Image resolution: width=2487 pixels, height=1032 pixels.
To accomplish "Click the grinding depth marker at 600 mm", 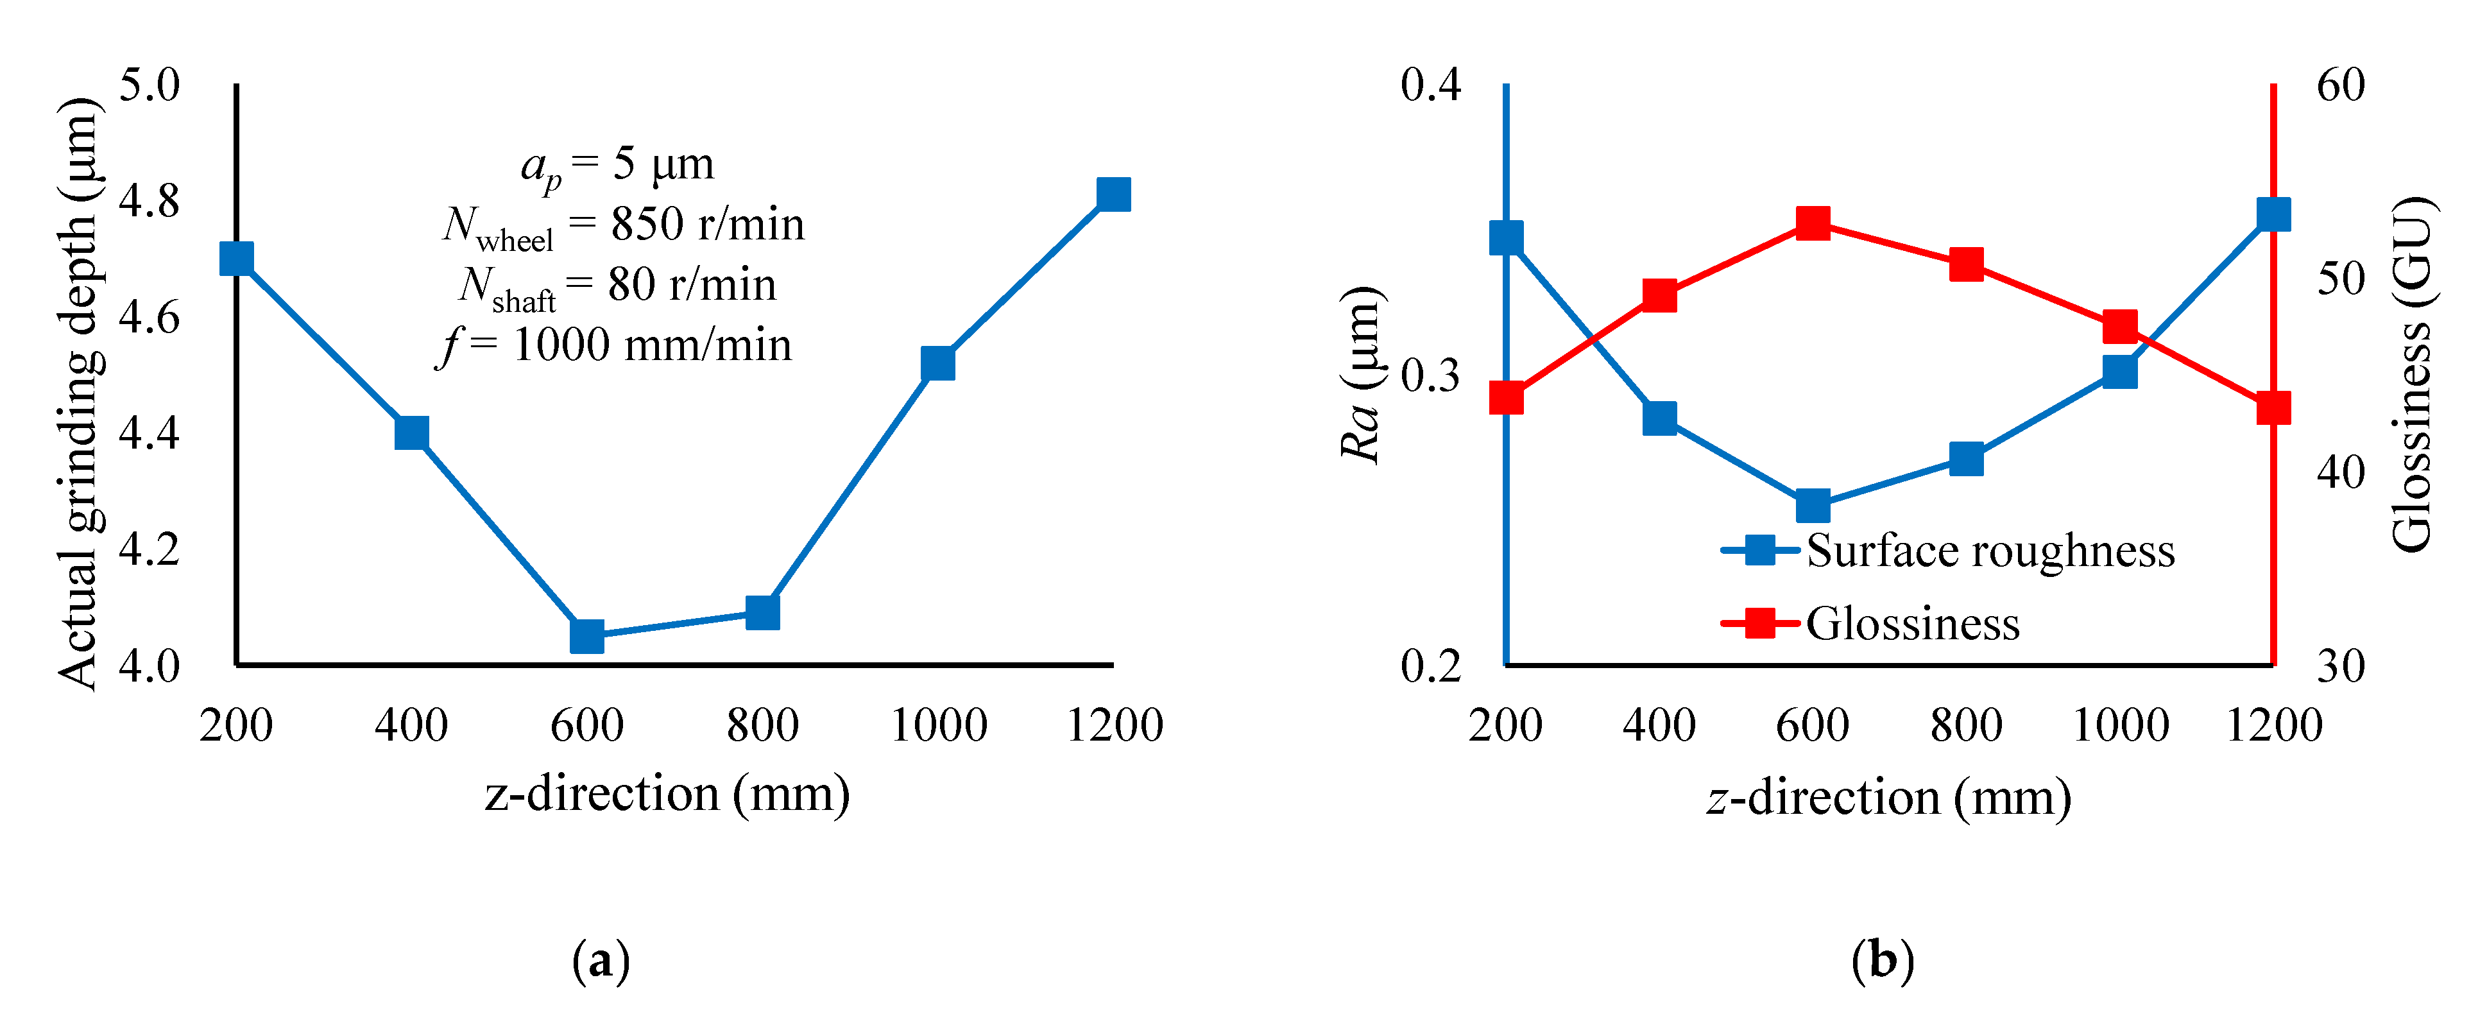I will point(587,636).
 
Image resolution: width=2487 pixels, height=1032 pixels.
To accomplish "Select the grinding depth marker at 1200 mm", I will point(1113,194).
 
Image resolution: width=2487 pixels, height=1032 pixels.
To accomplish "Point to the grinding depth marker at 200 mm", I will point(237,259).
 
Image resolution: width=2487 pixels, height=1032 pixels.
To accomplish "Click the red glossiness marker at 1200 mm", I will point(2273,408).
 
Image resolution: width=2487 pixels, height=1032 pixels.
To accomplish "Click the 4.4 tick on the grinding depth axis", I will point(149,433).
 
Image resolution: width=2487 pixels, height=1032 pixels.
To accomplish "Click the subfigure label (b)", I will point(1882,961).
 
